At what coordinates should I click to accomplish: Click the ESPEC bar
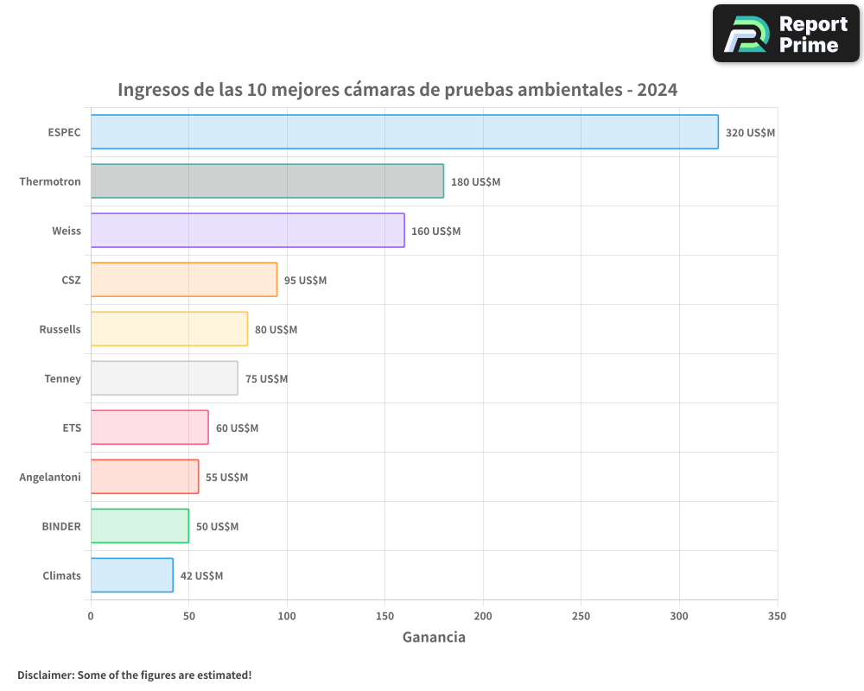pos(404,132)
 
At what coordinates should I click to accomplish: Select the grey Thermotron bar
pos(267,181)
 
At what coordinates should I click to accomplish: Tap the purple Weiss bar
pos(247,231)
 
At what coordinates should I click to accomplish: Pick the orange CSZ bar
pos(184,280)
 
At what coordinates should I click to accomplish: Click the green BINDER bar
pos(140,526)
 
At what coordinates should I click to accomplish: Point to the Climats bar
pos(131,575)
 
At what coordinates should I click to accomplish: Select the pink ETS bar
pos(149,428)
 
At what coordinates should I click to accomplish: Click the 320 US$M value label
pos(750,133)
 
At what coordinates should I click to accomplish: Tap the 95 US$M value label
pos(305,281)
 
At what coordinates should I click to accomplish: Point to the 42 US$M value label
pos(201,576)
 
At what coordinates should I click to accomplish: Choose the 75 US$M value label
pos(266,379)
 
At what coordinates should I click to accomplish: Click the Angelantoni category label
pos(50,477)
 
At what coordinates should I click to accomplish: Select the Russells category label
pos(60,329)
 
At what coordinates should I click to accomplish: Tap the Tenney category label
pos(62,378)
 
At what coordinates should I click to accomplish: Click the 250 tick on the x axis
pos(581,616)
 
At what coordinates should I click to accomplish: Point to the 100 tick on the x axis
pos(287,616)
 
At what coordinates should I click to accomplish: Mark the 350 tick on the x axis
pos(778,616)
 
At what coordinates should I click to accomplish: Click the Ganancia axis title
pos(434,637)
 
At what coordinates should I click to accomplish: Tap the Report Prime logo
pos(786,34)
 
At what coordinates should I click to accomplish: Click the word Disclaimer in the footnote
pos(44,675)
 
